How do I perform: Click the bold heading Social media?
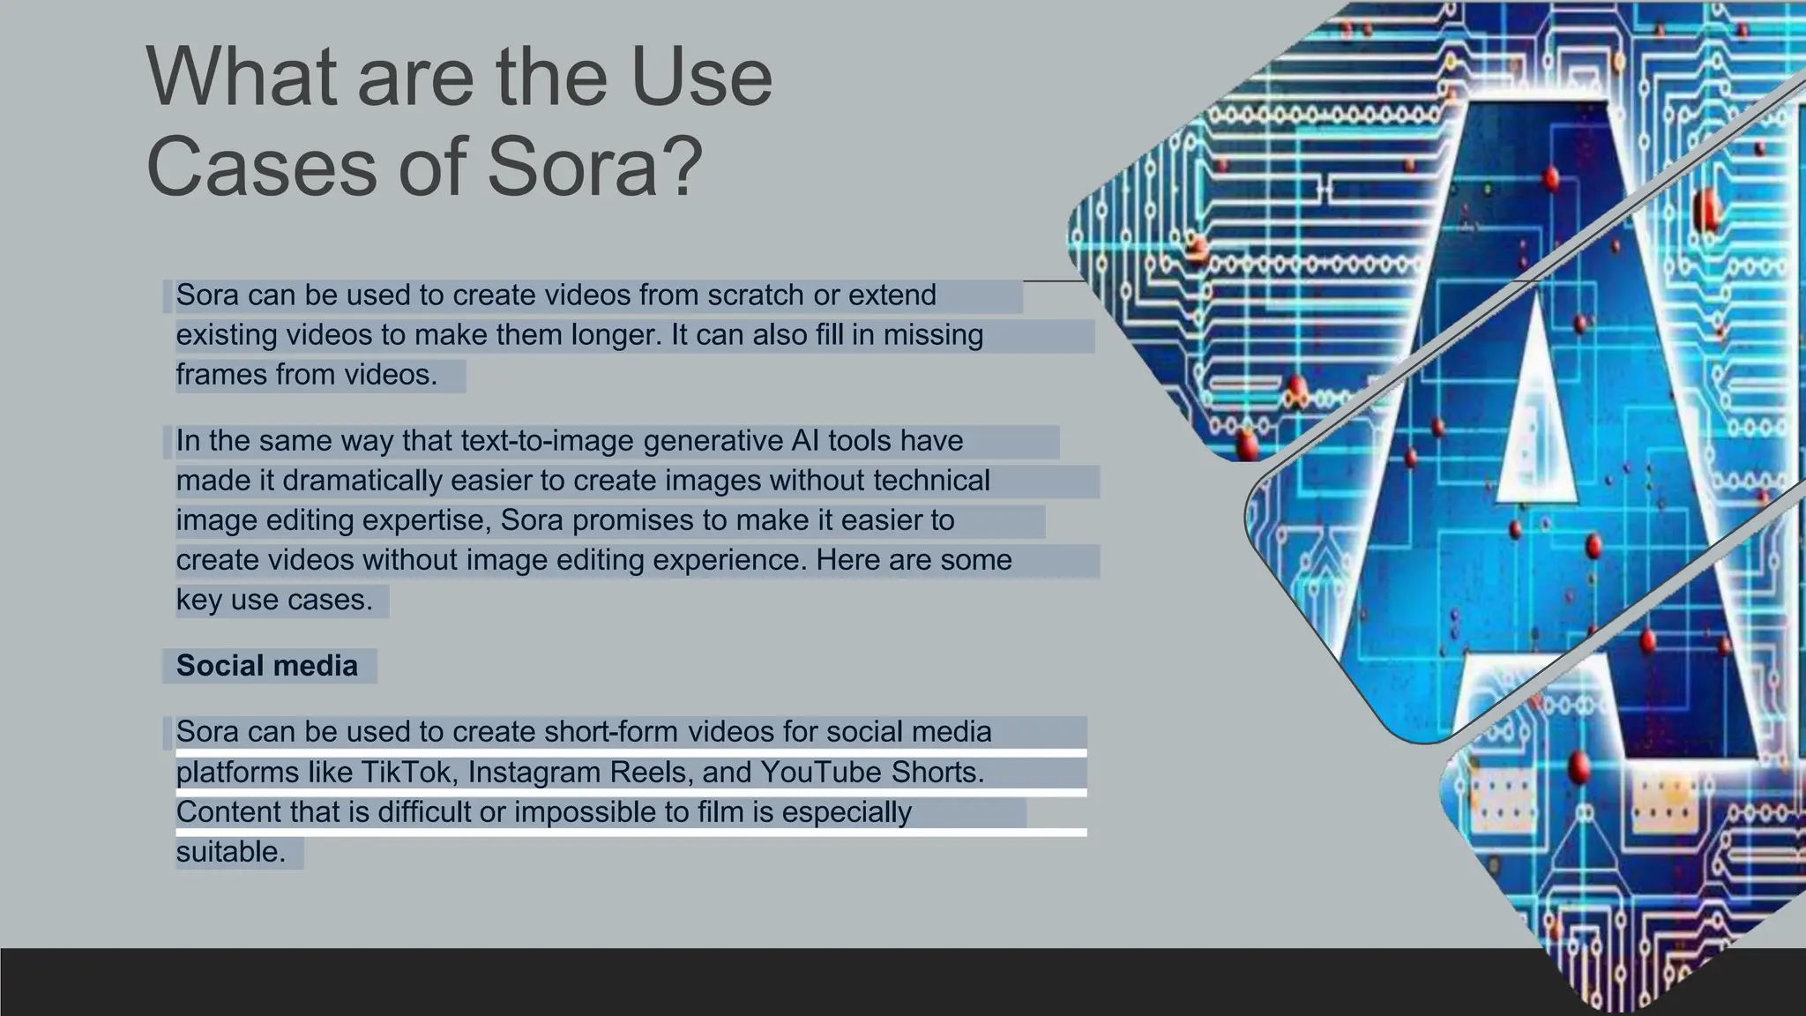[x=267, y=665]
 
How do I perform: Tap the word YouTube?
[x=820, y=772]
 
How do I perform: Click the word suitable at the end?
[x=231, y=851]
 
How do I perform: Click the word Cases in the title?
[x=262, y=166]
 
